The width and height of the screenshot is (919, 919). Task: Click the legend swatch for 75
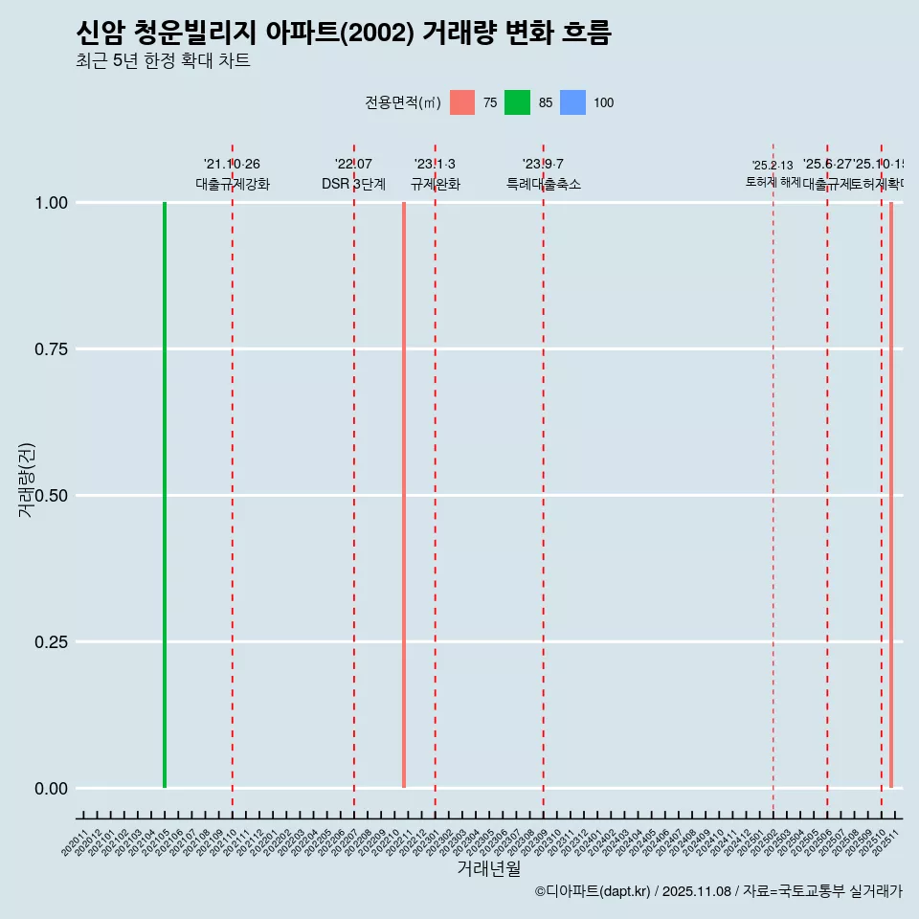pos(462,102)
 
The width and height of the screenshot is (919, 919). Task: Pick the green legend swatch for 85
pos(517,102)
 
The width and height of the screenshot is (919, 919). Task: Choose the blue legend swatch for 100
pos(572,102)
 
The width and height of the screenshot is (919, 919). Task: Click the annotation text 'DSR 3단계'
pos(353,184)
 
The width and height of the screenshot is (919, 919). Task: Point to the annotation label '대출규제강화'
pos(233,184)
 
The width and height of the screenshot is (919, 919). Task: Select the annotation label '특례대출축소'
pos(544,184)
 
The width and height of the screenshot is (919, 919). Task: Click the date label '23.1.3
pos(435,165)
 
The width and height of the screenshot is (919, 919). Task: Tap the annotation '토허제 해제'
pos(773,182)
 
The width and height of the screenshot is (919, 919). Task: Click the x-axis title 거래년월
pos(488,869)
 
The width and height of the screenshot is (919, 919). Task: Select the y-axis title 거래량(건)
pos(26,481)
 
